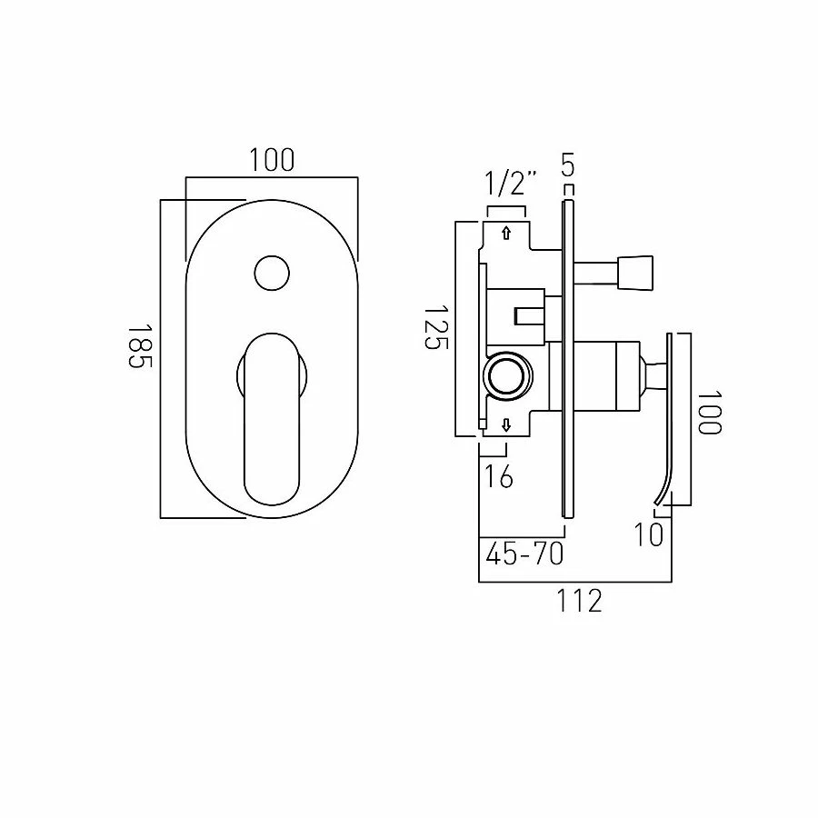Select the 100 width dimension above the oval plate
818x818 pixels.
click(271, 161)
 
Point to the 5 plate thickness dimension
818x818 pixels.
click(568, 166)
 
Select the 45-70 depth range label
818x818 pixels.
click(524, 554)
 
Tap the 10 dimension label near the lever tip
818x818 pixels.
click(648, 534)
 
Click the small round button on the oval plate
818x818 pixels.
click(271, 272)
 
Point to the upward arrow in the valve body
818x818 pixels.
click(505, 233)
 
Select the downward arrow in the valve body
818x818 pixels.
click(505, 424)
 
